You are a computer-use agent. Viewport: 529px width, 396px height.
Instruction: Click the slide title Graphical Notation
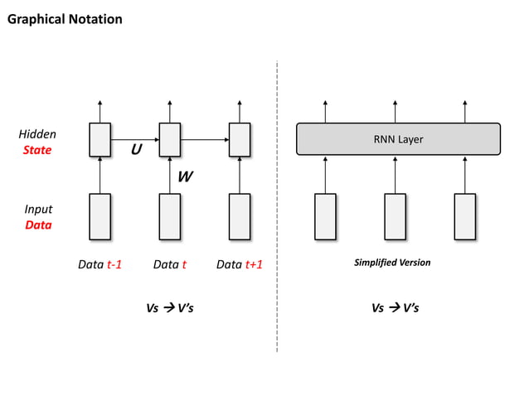pos(65,19)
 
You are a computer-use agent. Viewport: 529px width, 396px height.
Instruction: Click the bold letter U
pos(135,151)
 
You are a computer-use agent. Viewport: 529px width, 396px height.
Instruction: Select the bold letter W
pos(187,176)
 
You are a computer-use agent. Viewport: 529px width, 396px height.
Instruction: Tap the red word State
pos(37,150)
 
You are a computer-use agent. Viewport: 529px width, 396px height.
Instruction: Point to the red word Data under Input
pos(37,225)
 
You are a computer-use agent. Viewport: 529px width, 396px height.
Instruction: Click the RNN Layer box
pos(398,139)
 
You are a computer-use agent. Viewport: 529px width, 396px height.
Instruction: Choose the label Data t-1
pos(99,264)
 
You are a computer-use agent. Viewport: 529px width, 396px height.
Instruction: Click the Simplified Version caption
pos(392,263)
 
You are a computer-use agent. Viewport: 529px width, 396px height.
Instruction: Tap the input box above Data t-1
pos(99,216)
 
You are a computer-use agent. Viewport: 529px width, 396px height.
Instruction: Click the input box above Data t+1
pos(240,216)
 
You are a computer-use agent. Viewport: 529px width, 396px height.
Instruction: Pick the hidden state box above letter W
pos(169,139)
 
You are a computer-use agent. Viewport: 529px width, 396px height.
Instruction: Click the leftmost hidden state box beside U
pos(99,139)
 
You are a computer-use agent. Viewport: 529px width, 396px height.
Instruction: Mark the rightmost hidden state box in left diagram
pos(240,139)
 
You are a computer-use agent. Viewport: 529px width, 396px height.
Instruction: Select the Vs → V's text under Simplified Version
pos(396,307)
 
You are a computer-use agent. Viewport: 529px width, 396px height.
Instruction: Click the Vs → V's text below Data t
pos(170,307)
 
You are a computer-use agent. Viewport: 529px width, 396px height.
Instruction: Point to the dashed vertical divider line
pos(277,207)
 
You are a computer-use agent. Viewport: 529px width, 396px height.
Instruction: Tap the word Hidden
pos(37,133)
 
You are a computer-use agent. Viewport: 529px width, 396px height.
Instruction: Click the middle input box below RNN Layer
pos(395,216)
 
